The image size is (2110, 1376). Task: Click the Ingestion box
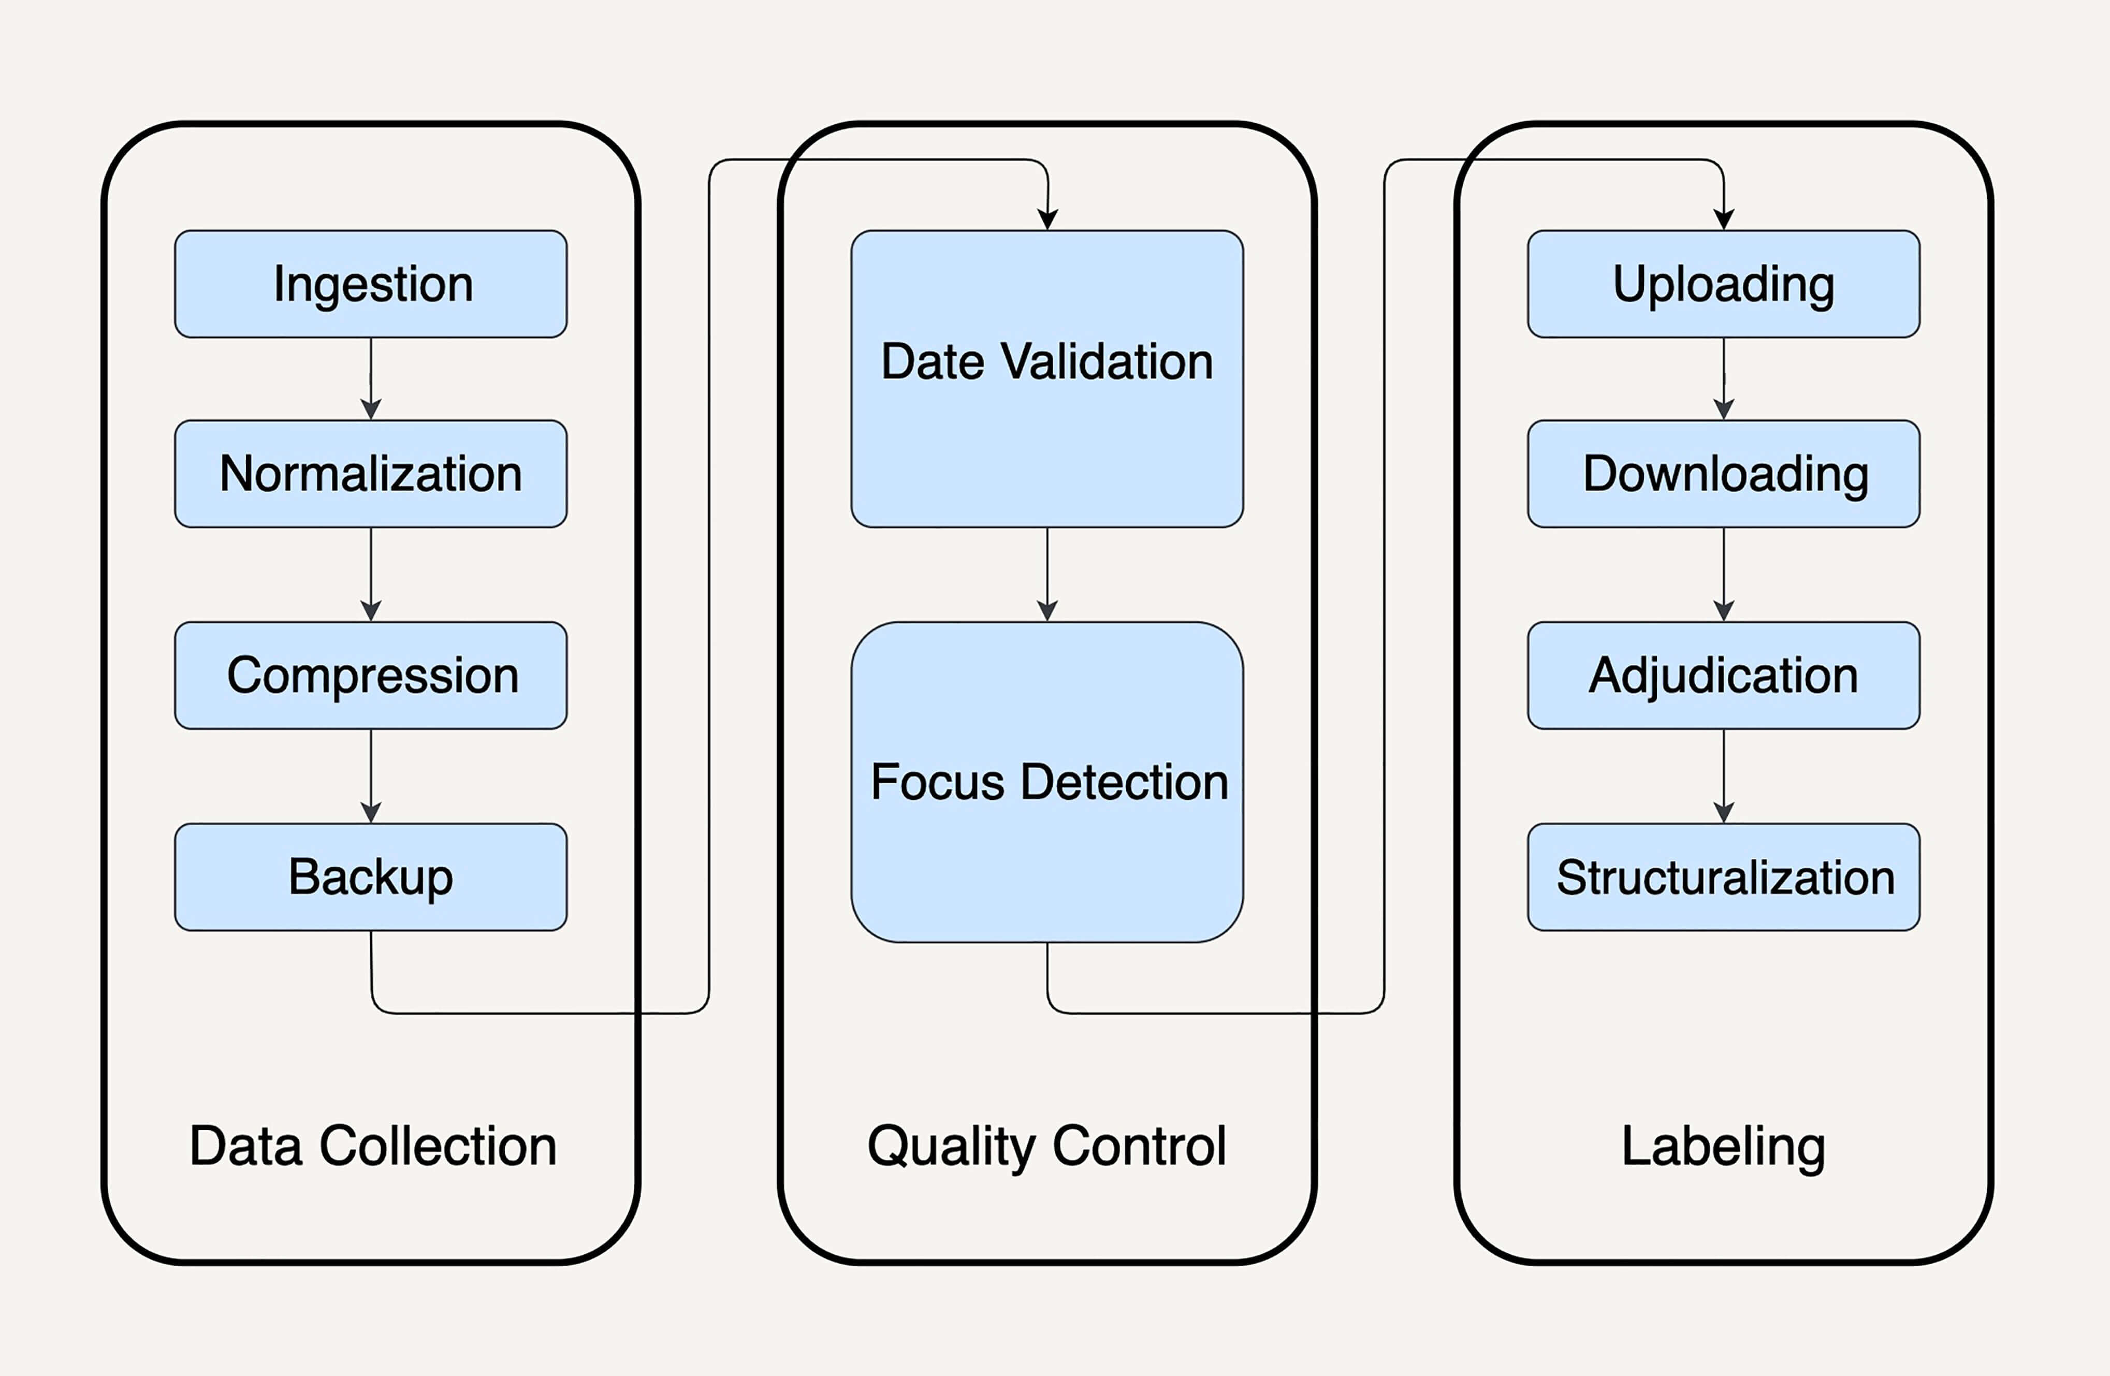click(371, 284)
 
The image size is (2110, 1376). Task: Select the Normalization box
click(371, 474)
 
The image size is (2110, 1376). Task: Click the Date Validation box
click(1047, 378)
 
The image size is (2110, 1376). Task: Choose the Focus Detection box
click(1047, 781)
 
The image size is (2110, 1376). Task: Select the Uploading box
click(1723, 284)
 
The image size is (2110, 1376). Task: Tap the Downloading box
click(1723, 474)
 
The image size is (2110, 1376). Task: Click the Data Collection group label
click(372, 1146)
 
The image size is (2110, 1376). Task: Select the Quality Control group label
click(1047, 1146)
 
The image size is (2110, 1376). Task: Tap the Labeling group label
click(1723, 1146)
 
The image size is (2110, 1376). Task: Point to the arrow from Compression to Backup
click(371, 776)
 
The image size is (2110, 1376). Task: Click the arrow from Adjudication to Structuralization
click(1723, 776)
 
